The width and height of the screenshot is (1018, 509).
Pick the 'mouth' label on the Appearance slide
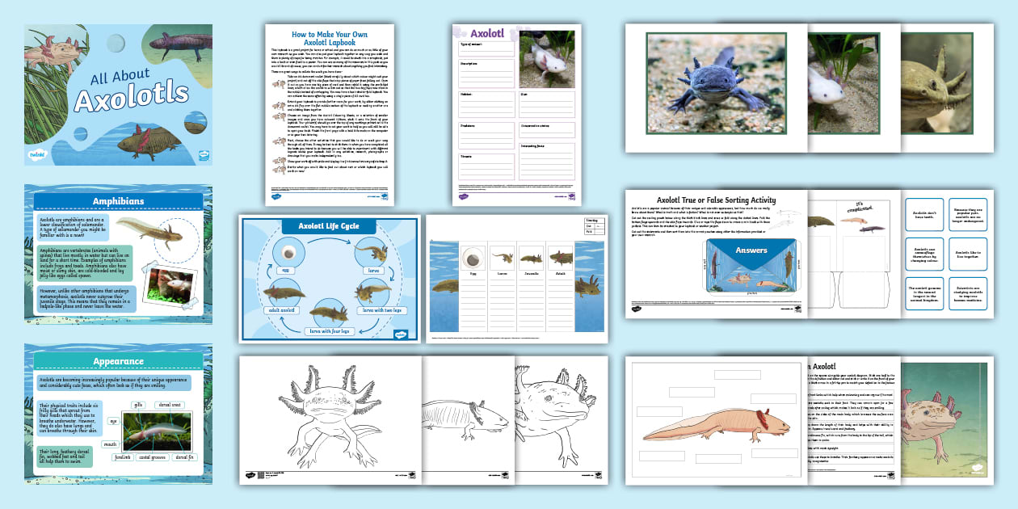click(x=111, y=444)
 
